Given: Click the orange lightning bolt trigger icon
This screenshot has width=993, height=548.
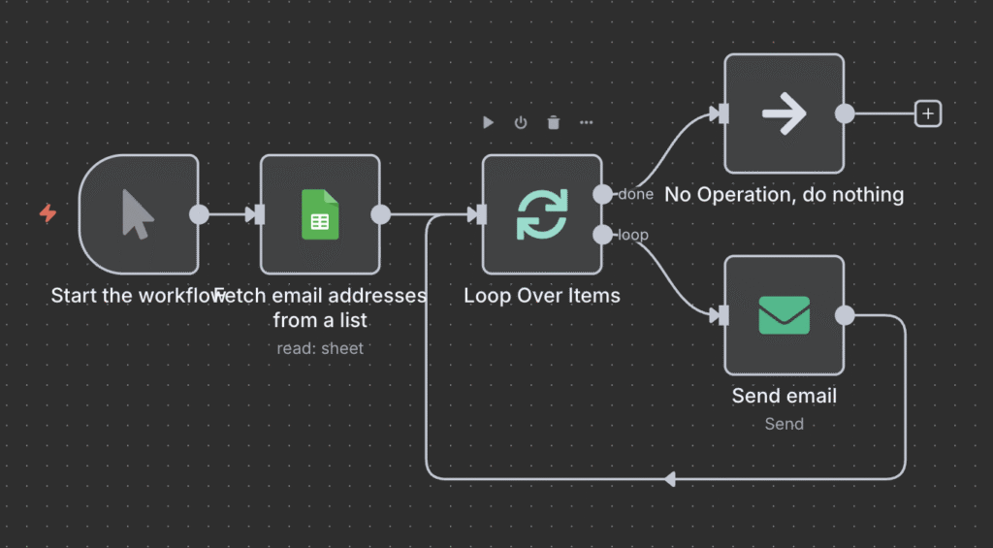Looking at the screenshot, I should (48, 213).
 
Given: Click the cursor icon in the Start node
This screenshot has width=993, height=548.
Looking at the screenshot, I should (138, 214).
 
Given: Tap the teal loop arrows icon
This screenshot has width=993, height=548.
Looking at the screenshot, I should (541, 214).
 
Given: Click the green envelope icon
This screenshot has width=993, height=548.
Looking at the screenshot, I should (784, 315).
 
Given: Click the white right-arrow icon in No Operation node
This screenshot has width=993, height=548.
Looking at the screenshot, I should (784, 113).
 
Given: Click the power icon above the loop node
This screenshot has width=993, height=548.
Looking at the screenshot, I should (521, 122).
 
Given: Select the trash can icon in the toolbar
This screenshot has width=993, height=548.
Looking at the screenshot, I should (554, 122).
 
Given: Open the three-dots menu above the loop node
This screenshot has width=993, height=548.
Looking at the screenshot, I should (587, 122).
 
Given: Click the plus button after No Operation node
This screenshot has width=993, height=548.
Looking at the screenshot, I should (928, 113).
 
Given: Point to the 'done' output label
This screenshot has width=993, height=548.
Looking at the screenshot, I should (635, 195).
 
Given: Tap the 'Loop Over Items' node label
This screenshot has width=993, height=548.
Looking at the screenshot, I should (541, 295).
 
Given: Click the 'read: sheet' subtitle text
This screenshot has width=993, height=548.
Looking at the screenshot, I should (320, 348).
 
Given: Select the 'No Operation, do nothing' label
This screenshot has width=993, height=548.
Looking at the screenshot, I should (784, 195).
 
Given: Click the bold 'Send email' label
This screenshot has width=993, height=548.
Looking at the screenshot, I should (784, 396).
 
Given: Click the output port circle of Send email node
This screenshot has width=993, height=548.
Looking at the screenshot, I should (845, 315).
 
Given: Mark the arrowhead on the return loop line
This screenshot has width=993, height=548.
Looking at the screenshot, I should (669, 478).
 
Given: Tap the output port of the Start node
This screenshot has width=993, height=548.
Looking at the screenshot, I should (199, 214).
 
